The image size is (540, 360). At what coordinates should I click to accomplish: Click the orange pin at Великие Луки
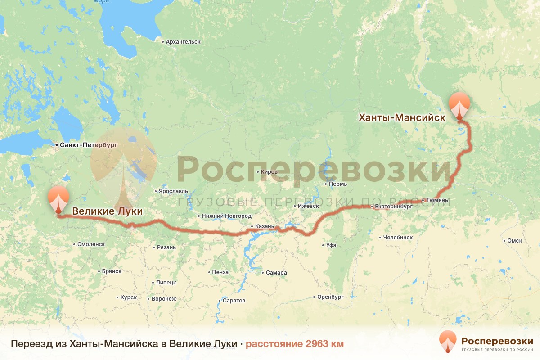pos(58,199)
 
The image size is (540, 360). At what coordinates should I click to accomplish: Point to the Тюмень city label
pos(437,200)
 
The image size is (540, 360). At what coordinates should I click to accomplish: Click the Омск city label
pos(514,241)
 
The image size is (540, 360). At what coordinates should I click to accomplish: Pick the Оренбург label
pos(330,297)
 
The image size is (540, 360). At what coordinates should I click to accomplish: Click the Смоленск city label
pos(91,244)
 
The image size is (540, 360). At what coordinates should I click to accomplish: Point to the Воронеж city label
pos(164,299)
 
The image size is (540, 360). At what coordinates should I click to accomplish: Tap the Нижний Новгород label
pos(226,216)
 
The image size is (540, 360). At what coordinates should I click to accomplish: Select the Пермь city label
pos(337,184)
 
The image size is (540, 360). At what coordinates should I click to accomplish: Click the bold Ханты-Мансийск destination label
pos(401,118)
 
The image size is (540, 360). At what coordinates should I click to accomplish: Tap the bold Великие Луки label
pos(107,211)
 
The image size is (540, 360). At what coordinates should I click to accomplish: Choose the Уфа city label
pos(331,245)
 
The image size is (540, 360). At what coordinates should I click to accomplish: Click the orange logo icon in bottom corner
pos(447,342)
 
